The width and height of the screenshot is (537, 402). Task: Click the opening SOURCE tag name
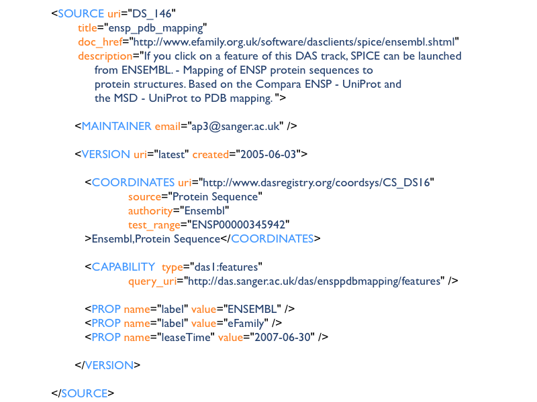click(81, 13)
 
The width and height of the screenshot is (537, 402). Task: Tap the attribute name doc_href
click(100, 42)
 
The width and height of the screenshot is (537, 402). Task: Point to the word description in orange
click(105, 56)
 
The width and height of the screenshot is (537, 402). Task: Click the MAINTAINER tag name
click(116, 126)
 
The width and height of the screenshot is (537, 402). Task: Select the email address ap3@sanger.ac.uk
click(236, 127)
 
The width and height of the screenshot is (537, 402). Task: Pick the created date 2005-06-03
click(268, 155)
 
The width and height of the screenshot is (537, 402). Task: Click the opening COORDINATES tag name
click(133, 182)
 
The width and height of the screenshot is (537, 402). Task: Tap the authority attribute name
click(150, 211)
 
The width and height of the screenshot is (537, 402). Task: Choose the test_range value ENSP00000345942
click(238, 225)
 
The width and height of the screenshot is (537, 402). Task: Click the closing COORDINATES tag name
click(273, 239)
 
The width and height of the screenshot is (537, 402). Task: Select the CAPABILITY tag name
click(124, 267)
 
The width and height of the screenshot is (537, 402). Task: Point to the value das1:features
click(226, 267)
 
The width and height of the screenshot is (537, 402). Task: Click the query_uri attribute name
click(152, 281)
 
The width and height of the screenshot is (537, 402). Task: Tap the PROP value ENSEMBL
click(252, 309)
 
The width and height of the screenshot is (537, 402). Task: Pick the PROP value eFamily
click(246, 324)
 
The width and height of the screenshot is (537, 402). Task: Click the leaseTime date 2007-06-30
click(283, 338)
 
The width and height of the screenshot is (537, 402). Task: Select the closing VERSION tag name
click(109, 365)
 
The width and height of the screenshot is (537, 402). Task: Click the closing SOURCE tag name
click(85, 393)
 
